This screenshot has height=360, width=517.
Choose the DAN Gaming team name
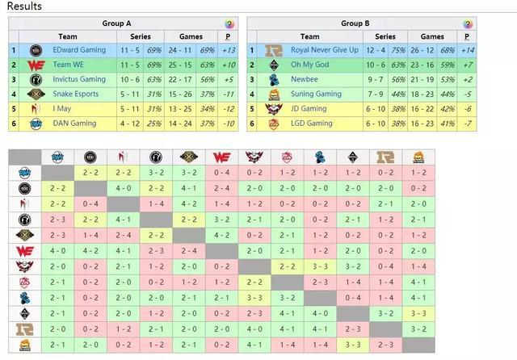pos(75,123)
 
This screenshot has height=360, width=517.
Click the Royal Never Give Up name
pos(325,50)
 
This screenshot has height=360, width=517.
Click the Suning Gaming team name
pos(317,94)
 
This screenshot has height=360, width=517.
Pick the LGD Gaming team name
pos(313,123)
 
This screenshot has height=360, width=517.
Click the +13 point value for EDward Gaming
pos(228,50)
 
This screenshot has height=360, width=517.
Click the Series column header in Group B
pos(385,36)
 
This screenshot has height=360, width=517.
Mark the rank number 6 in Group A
pos(14,123)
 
